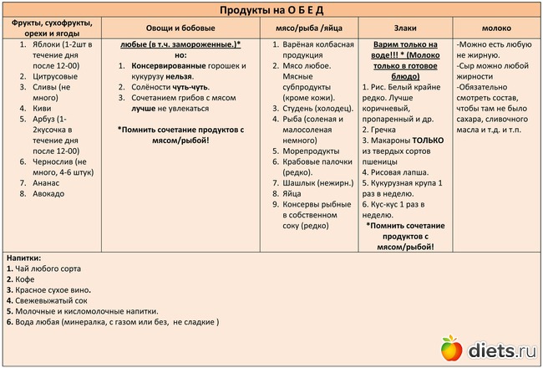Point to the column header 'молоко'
point(496,28)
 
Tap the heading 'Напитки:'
point(24,258)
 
